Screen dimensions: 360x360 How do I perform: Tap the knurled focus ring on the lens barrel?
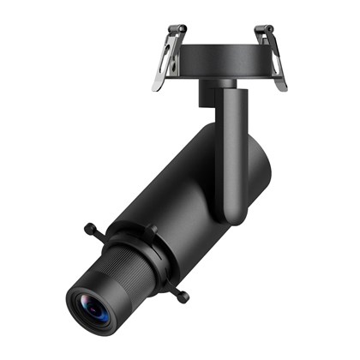tap(120, 273)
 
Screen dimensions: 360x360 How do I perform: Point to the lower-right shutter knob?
tap(182, 297)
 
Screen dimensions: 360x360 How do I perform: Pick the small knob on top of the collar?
tap(150, 229)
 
